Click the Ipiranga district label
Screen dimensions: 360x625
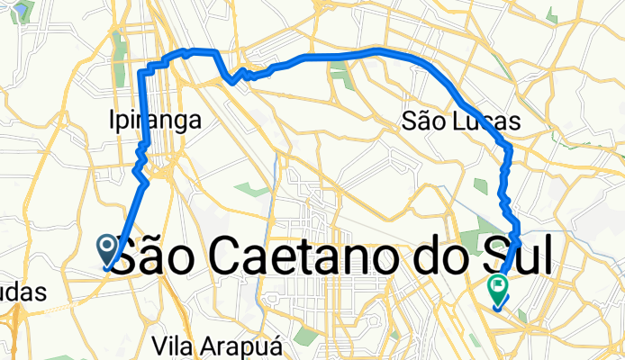(x=153, y=120)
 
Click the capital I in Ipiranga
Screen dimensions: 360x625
(x=110, y=120)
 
